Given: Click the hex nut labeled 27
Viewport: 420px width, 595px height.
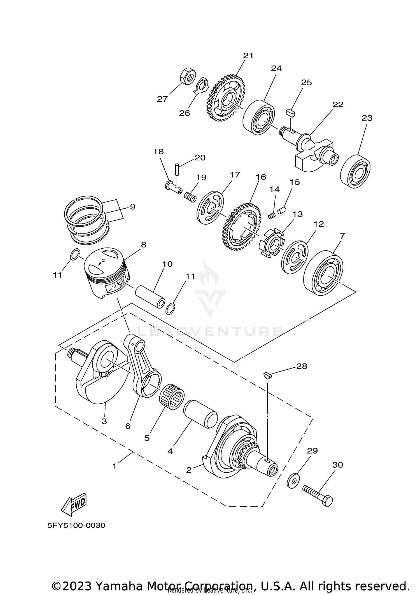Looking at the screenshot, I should click(x=185, y=76).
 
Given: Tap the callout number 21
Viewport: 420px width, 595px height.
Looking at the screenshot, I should click(x=248, y=55).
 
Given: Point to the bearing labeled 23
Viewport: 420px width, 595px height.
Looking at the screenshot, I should click(x=356, y=171).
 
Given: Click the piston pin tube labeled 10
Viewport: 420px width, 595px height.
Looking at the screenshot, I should click(x=150, y=297).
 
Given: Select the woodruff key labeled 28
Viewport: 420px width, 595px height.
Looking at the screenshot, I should click(x=267, y=375).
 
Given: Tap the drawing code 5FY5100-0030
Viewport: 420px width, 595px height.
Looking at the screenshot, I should click(x=76, y=525).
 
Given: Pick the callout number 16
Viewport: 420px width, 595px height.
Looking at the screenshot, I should click(x=261, y=177).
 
